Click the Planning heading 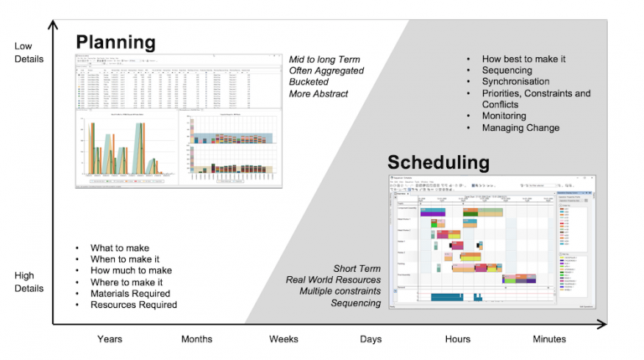click(115, 42)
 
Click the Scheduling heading click(438, 161)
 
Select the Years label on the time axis click(109, 339)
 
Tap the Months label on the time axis click(196, 339)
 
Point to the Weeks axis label click(283, 339)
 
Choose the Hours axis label click(458, 339)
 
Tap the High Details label click(23, 281)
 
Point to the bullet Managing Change click(520, 128)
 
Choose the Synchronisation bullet click(515, 81)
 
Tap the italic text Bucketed click(309, 82)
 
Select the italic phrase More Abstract click(319, 94)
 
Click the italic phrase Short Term click(357, 269)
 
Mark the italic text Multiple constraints click(340, 291)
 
